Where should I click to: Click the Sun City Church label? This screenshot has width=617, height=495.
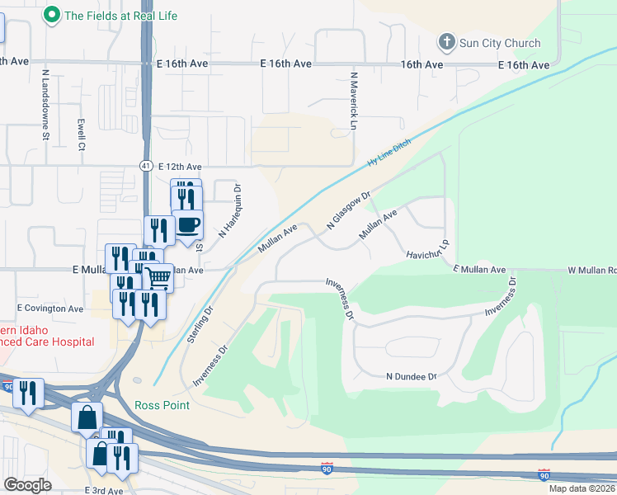[500, 43]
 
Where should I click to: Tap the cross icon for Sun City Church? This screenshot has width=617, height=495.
[446, 41]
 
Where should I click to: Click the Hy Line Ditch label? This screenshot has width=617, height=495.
[389, 155]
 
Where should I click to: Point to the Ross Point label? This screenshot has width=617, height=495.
[162, 405]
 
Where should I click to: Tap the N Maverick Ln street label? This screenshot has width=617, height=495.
[355, 101]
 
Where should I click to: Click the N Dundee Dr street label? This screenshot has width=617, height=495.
[411, 376]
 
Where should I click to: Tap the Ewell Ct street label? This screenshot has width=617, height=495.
[82, 135]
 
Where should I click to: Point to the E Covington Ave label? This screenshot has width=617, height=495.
[51, 309]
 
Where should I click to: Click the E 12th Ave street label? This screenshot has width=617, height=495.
[180, 166]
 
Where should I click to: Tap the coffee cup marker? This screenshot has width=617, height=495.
[188, 225]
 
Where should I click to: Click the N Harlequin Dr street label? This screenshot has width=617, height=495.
[230, 211]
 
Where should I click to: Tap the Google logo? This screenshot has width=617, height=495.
[27, 485]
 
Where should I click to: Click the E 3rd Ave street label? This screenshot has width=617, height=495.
[103, 490]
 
